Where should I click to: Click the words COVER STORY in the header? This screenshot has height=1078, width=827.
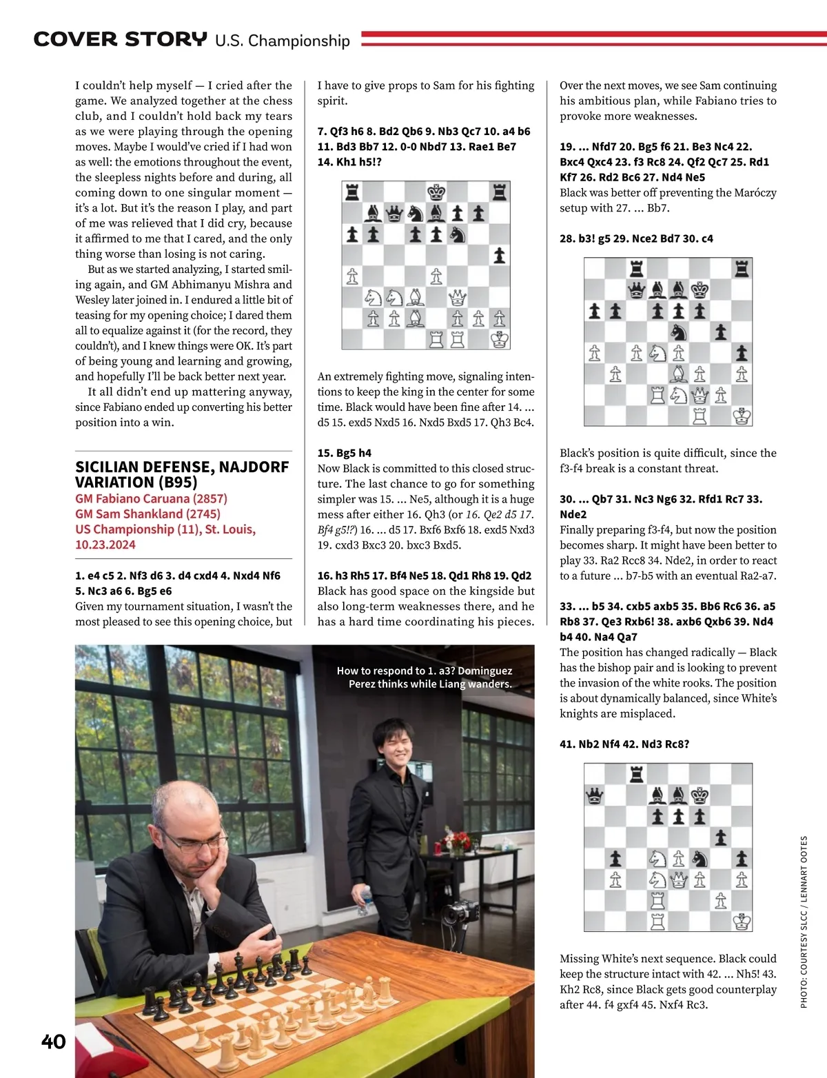tap(120, 39)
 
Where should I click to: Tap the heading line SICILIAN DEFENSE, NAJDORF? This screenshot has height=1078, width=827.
tap(182, 467)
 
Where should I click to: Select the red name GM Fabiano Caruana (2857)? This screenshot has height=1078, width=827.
tap(151, 498)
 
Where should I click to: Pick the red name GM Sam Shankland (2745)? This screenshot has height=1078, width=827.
tap(148, 513)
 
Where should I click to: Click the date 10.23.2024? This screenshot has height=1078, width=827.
tap(105, 545)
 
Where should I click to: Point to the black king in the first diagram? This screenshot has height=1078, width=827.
tap(436, 192)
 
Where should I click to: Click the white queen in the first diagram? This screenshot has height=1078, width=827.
tap(457, 298)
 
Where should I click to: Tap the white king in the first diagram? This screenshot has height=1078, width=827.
tap(499, 339)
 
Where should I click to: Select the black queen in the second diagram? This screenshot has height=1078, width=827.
tap(636, 289)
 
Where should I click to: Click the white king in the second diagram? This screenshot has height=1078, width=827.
tap(742, 416)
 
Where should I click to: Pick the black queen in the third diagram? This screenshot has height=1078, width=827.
tap(593, 797)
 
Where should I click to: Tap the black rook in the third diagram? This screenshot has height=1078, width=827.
tap(636, 775)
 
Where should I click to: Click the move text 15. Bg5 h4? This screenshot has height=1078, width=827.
tap(344, 453)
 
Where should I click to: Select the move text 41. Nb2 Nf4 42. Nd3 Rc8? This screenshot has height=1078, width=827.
tap(624, 744)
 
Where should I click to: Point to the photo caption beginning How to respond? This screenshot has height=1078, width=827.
tap(425, 677)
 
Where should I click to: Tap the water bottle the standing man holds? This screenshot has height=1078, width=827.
tap(364, 901)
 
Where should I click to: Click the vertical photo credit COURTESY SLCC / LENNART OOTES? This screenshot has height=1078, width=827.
tap(804, 922)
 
